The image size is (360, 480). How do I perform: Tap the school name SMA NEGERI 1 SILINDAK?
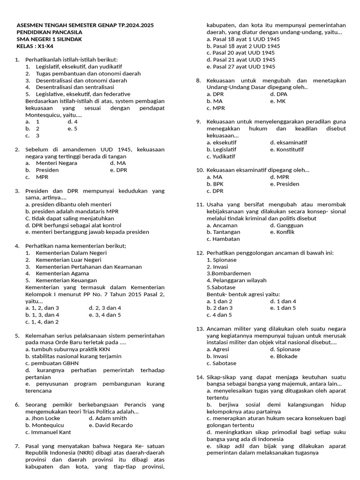tap(49, 39)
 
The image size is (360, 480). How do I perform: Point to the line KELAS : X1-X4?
tap(35, 46)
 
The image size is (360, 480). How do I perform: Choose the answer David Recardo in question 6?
tap(110, 425)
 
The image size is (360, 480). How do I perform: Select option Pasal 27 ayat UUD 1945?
tap(241, 67)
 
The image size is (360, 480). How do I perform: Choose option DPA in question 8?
tap(279, 94)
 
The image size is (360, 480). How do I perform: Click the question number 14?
tap(199, 377)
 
